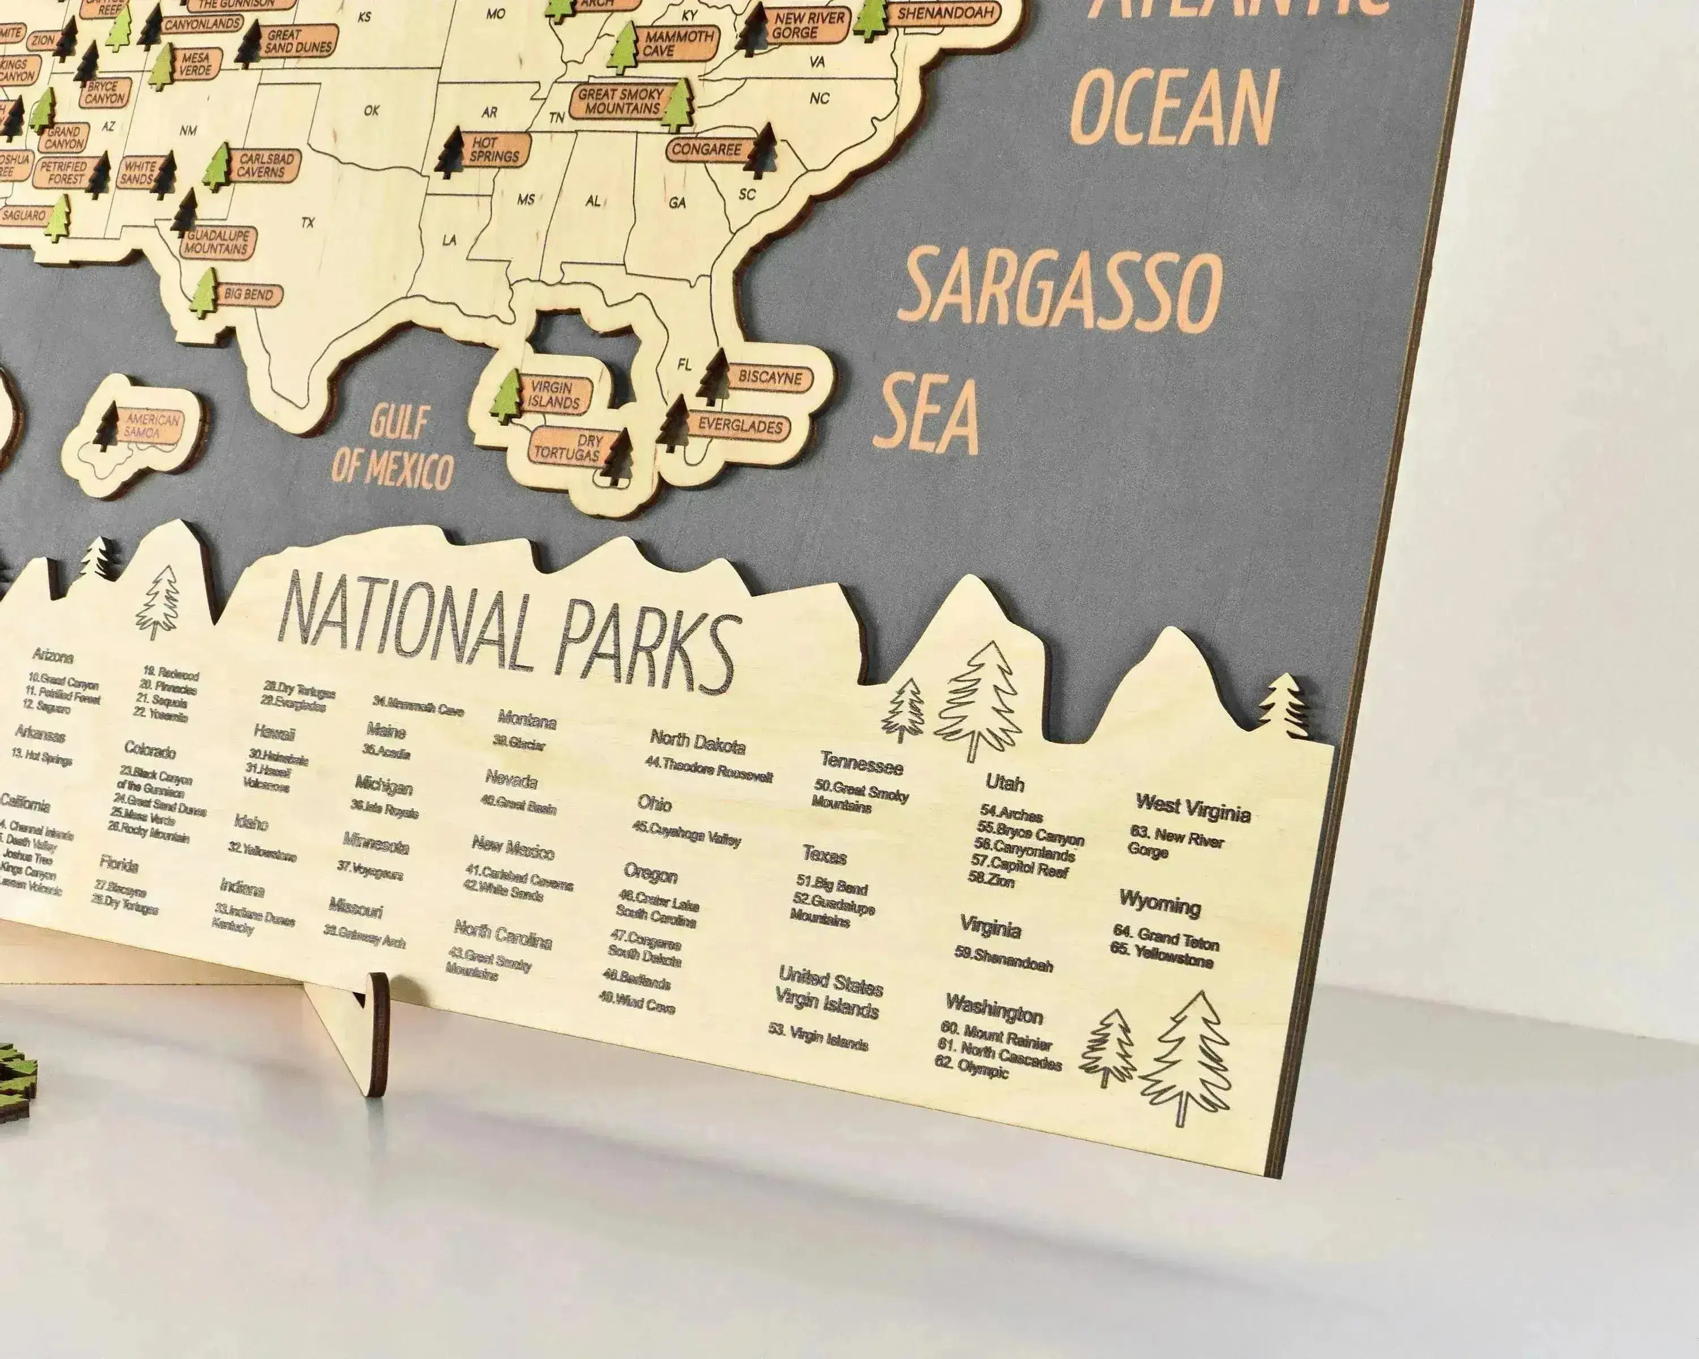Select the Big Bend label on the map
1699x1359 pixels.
click(x=248, y=294)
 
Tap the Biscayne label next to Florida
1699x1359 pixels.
click(x=769, y=377)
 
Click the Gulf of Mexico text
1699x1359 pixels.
click(x=393, y=450)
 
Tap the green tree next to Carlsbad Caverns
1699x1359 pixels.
click(x=217, y=166)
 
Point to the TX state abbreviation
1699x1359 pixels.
click(x=308, y=223)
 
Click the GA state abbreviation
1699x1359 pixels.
click(x=677, y=203)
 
